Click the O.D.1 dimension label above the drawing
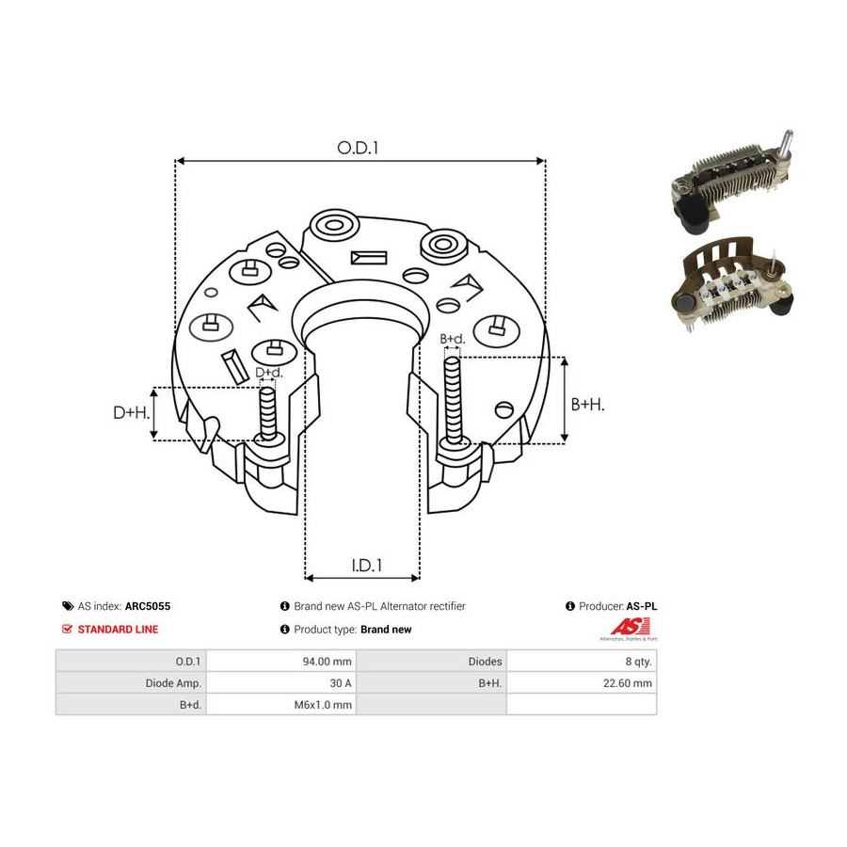[x=358, y=148]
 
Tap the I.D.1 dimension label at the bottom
[x=367, y=565]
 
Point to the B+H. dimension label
[x=587, y=404]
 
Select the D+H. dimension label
[x=131, y=413]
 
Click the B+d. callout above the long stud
[x=452, y=339]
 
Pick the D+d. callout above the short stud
[x=268, y=372]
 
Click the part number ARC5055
[x=148, y=606]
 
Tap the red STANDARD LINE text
[x=118, y=630]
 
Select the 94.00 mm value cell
[x=281, y=662]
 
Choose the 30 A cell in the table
[x=281, y=683]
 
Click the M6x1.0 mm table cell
[x=281, y=704]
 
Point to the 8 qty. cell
[x=582, y=662]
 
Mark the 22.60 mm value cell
[x=582, y=683]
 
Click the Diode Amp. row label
[x=173, y=683]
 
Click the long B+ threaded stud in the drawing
[x=454, y=401]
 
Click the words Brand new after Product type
[x=386, y=630]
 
